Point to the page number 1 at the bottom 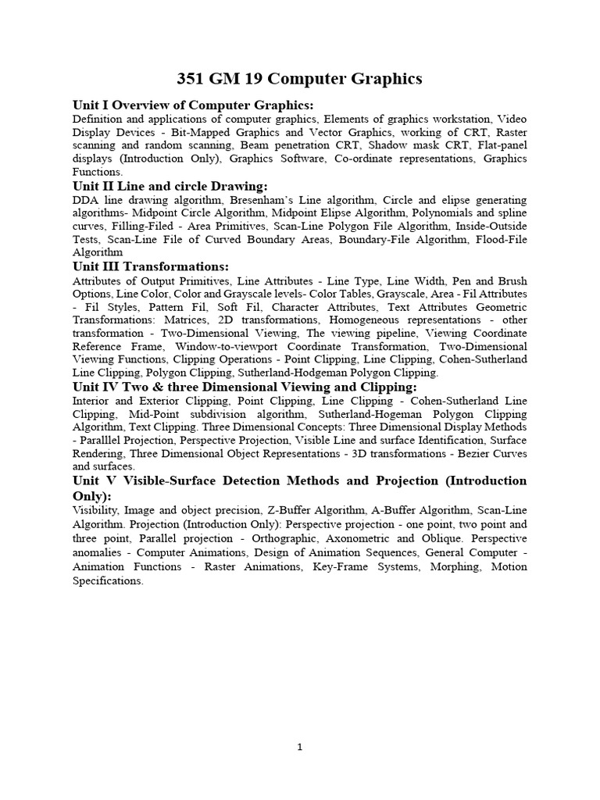point(300,747)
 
